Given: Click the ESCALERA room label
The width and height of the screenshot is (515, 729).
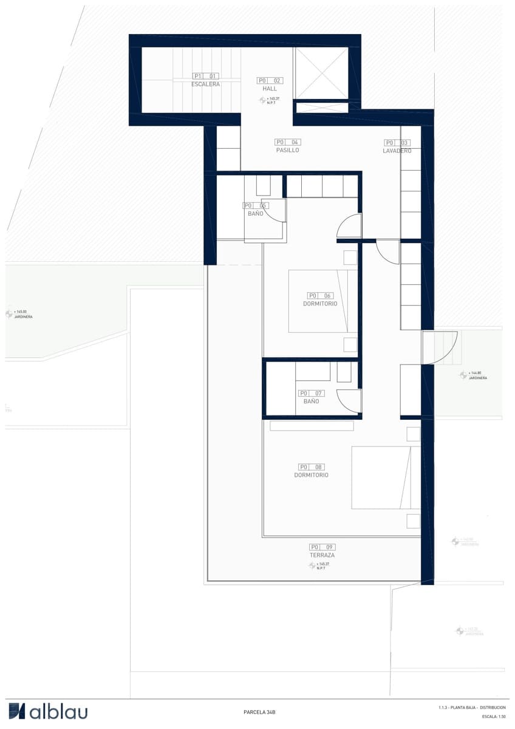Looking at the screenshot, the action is pyautogui.click(x=205, y=84).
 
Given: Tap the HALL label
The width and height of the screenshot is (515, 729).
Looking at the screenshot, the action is pyautogui.click(x=270, y=89).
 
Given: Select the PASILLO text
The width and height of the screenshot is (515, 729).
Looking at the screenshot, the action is pyautogui.click(x=287, y=150).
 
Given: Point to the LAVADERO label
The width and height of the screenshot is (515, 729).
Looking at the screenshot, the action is pyautogui.click(x=397, y=151).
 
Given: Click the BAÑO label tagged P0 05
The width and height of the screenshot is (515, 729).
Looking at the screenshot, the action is pyautogui.click(x=255, y=214).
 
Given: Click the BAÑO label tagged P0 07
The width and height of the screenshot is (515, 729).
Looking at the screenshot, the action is pyautogui.click(x=311, y=402).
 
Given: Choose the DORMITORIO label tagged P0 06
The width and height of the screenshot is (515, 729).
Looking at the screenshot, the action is pyautogui.click(x=319, y=304).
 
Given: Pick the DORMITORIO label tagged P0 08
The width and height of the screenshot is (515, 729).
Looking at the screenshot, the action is pyautogui.click(x=311, y=475).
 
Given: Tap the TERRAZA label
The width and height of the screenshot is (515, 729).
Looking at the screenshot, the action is pyautogui.click(x=322, y=555).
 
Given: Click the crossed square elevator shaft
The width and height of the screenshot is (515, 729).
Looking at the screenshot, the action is pyautogui.click(x=321, y=72).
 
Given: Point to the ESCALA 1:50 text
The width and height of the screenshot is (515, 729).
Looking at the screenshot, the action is pyautogui.click(x=493, y=717).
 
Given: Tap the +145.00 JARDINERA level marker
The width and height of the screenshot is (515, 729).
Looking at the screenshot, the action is pyautogui.click(x=19, y=314).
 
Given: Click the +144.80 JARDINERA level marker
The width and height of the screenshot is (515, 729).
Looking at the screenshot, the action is pyautogui.click(x=474, y=375).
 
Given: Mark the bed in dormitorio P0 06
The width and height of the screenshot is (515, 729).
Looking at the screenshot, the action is pyautogui.click(x=322, y=301).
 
